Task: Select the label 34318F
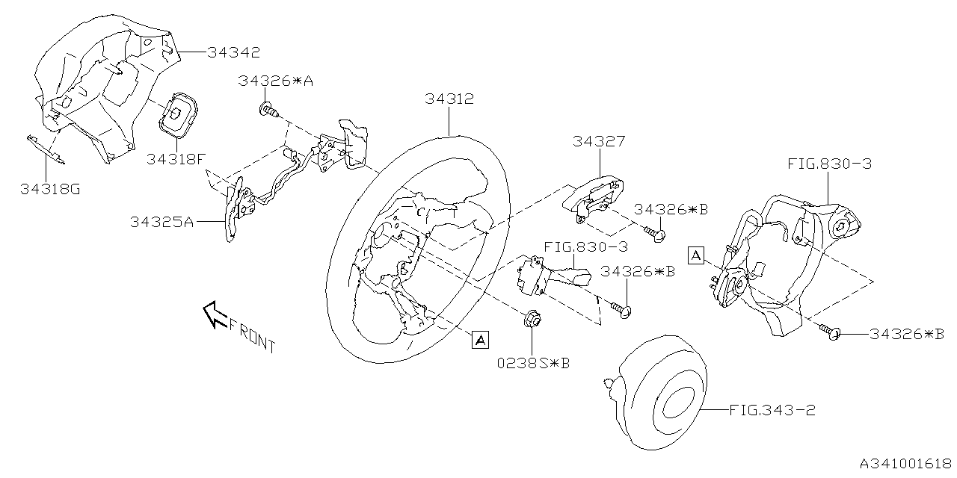click(x=176, y=158)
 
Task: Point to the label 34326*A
click(x=276, y=81)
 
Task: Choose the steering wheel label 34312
click(x=449, y=99)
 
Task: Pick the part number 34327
click(x=600, y=140)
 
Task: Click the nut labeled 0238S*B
click(x=532, y=320)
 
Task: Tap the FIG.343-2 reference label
click(x=772, y=410)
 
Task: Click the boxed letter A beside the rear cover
click(x=696, y=256)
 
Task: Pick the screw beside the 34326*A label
click(x=268, y=111)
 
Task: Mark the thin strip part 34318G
click(x=46, y=149)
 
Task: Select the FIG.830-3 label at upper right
click(x=830, y=164)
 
